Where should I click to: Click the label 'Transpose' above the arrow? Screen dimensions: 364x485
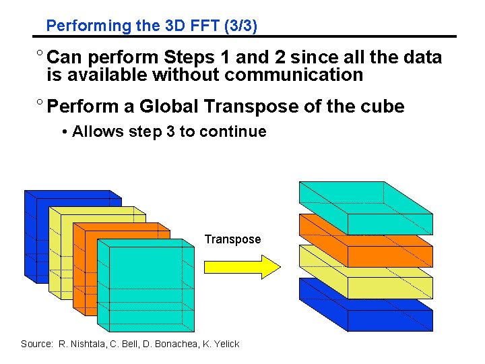(x=232, y=239)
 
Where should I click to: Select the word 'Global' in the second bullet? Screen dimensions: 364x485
(x=168, y=107)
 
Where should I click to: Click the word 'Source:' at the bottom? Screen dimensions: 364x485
(x=36, y=344)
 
